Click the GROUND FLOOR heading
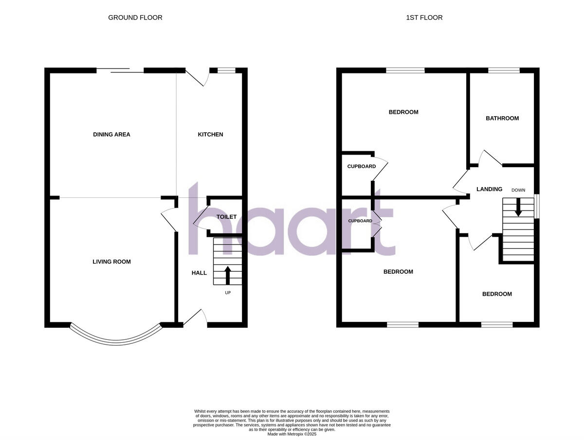(135, 18)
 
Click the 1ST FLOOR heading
(424, 18)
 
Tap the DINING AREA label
(111, 134)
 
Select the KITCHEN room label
(210, 134)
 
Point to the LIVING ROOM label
(111, 262)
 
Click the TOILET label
(226, 217)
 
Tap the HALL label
(199, 273)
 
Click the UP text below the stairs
(228, 293)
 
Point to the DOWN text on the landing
(518, 190)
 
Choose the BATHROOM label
(502, 118)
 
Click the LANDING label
(489, 189)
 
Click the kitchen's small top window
(226, 70)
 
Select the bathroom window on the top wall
(504, 70)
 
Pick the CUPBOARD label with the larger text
(361, 166)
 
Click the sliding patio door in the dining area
(120, 71)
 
